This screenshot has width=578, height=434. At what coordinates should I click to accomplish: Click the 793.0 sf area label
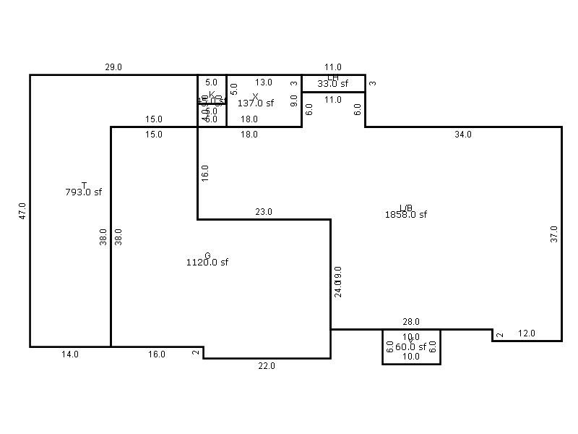click(83, 192)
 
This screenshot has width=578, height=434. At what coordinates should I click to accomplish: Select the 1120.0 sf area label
click(207, 263)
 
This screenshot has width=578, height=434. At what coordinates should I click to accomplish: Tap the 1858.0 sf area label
click(406, 214)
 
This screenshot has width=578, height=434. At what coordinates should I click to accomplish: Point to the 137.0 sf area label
click(256, 103)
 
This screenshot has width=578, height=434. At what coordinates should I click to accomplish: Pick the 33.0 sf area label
click(333, 83)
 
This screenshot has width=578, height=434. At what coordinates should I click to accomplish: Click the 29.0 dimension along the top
click(113, 67)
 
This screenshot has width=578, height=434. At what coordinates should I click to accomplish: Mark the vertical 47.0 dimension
click(22, 210)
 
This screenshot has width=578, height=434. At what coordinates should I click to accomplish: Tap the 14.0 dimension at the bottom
click(70, 354)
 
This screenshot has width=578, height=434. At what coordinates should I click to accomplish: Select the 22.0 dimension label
click(267, 366)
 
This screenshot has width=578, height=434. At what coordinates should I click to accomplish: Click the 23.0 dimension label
click(264, 212)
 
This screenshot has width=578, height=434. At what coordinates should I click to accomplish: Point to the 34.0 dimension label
click(463, 135)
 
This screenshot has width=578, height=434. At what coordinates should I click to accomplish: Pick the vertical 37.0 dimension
click(554, 234)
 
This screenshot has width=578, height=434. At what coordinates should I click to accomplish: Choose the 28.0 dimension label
click(411, 322)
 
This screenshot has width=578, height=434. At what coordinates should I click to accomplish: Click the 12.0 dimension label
click(527, 333)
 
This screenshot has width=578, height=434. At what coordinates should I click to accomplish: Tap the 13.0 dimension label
click(264, 82)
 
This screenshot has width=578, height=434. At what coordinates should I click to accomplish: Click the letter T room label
click(84, 186)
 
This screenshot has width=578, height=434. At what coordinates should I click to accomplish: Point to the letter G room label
click(207, 256)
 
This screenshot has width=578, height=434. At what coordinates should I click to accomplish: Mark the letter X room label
click(255, 96)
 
